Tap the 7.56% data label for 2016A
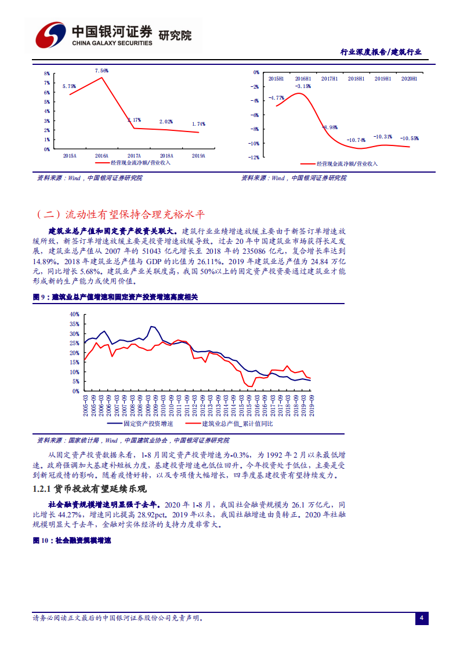[x=102, y=71]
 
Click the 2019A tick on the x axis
[x=198, y=155]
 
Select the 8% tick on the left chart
[x=46, y=74]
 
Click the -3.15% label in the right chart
[x=303, y=86]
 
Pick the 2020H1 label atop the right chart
[x=409, y=78]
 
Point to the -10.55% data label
[x=410, y=138]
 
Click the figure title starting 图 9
[x=115, y=297]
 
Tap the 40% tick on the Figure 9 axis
[x=74, y=314]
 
